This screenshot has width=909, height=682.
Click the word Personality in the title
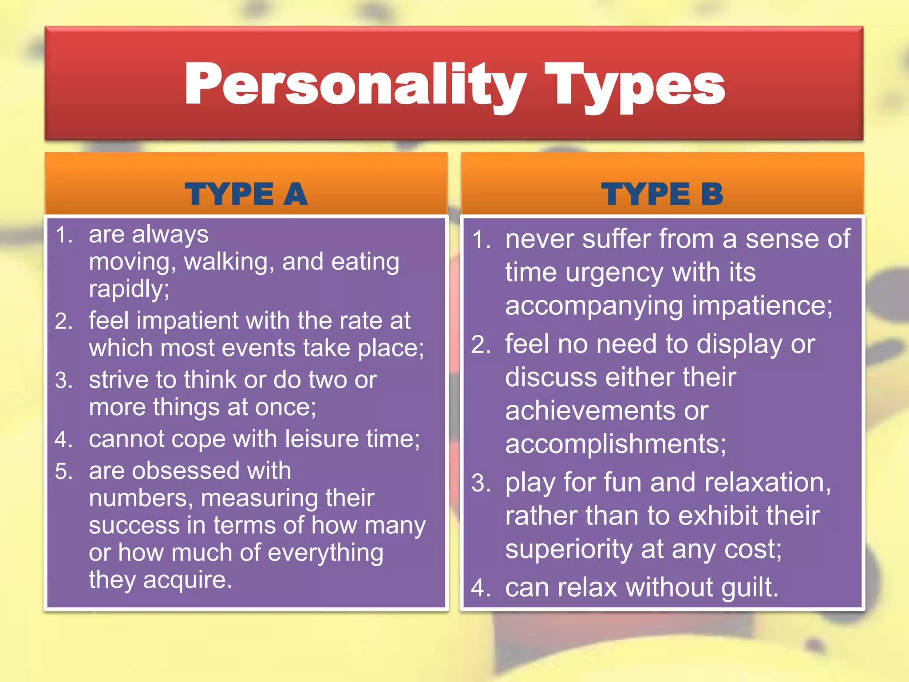(x=355, y=84)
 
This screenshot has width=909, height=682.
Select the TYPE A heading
(x=246, y=194)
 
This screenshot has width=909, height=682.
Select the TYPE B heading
(x=662, y=194)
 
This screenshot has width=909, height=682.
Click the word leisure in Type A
(x=322, y=439)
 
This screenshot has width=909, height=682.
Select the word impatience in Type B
(x=761, y=306)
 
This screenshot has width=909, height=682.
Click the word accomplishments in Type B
(x=615, y=444)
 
